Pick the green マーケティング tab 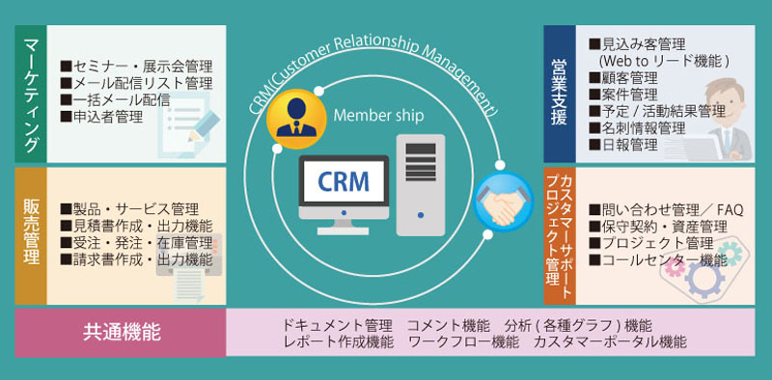(31, 93)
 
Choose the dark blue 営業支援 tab (560, 93)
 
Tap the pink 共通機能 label (120, 334)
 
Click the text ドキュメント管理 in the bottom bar (338, 324)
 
